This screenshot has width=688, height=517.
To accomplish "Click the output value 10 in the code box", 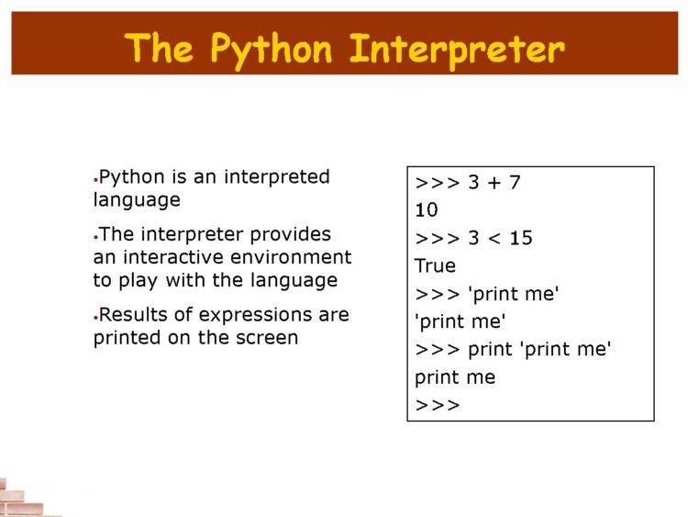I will (x=427, y=210).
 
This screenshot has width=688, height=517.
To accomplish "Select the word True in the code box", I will (x=435, y=266).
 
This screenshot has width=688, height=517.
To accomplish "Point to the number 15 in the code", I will (x=520, y=239).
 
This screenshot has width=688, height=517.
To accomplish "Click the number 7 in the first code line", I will (x=515, y=183).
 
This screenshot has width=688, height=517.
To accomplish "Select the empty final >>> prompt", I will (x=438, y=405).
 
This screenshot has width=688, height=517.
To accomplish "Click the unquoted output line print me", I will (x=455, y=377).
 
